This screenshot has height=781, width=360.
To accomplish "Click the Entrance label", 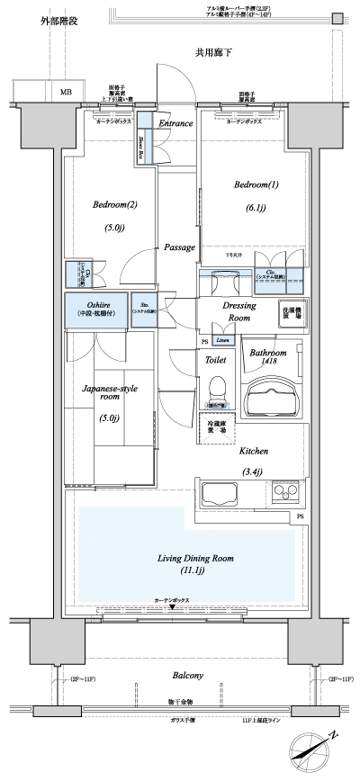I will pos(176,122).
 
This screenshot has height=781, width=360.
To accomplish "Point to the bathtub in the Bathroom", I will pos(273,396).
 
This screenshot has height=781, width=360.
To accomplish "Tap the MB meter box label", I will pos(67,92).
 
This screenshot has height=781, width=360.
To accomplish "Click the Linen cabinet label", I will pos(226,340).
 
